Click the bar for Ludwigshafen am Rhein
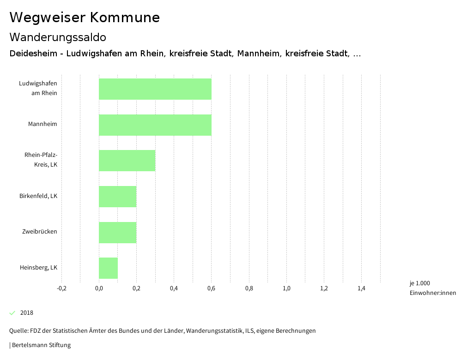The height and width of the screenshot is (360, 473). [x=155, y=89]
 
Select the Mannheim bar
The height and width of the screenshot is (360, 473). [x=155, y=125]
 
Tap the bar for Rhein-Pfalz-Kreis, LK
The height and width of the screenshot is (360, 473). [x=127, y=161]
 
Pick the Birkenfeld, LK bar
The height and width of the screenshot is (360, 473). [x=117, y=197]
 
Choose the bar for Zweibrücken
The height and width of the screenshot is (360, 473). [x=117, y=232]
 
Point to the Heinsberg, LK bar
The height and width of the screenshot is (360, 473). [x=108, y=268]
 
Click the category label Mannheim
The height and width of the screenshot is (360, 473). [x=42, y=124]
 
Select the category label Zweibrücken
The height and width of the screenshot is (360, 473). [x=40, y=231]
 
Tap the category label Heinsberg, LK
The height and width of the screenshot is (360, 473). [x=38, y=267]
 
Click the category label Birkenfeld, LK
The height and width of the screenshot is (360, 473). [x=38, y=196]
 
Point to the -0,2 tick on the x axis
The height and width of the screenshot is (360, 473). [x=61, y=288]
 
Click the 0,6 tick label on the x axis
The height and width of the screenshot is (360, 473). [x=211, y=288]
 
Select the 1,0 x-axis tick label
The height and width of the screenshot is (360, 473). [x=286, y=288]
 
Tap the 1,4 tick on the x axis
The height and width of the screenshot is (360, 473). [x=361, y=288]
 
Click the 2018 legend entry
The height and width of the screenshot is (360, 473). [x=27, y=313]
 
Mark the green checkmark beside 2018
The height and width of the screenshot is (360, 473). [x=12, y=313]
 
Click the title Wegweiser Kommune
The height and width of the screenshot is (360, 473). [x=85, y=18]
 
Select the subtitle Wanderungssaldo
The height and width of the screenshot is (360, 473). [x=58, y=37]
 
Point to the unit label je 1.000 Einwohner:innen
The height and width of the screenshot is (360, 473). [x=432, y=288]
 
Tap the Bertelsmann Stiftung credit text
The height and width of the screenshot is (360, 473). [x=40, y=345]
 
